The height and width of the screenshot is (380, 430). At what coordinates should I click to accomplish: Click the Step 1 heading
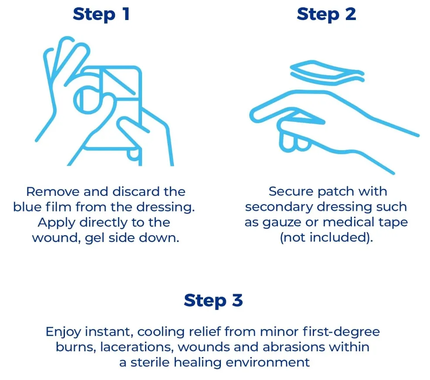101,14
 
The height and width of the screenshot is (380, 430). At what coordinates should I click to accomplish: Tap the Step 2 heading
326,14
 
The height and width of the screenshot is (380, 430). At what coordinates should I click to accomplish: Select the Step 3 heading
213,300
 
